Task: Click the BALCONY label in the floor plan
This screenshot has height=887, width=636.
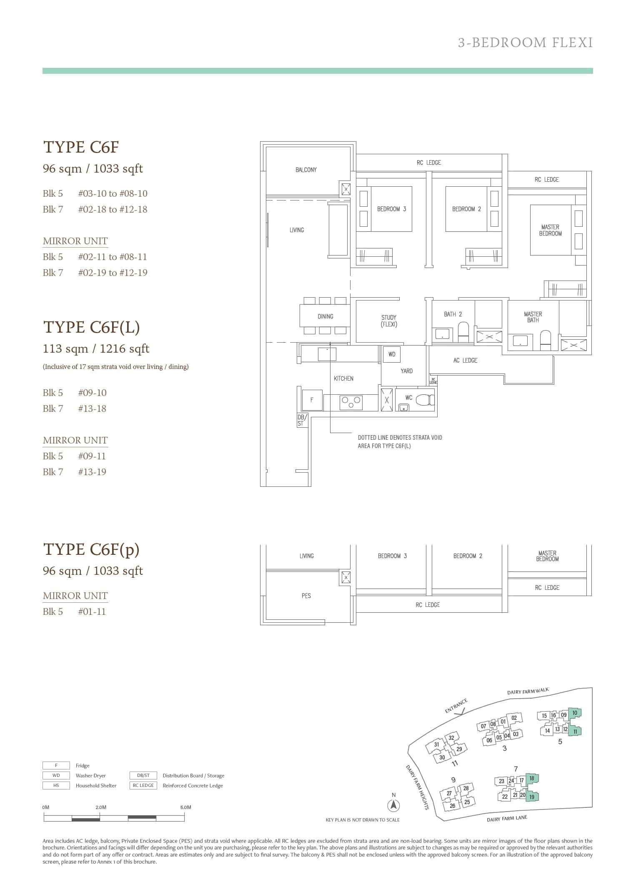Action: (306, 170)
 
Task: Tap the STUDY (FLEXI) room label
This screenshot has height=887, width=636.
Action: (388, 321)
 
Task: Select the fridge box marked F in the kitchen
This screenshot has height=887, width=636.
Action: (312, 400)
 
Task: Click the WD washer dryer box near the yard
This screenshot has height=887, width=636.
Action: (392, 354)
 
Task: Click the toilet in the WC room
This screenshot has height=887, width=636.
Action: (425, 400)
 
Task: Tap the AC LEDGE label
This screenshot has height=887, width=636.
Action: (465, 360)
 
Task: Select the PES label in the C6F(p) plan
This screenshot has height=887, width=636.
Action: (306, 596)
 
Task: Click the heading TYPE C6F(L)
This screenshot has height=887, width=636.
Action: (91, 327)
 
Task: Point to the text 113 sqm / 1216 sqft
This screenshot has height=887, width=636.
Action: (96, 348)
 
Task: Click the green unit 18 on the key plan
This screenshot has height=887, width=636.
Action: (532, 778)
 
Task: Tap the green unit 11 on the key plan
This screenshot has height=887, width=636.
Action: (575, 731)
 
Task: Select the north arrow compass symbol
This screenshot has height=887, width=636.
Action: (393, 806)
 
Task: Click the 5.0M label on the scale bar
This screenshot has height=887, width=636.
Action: (186, 807)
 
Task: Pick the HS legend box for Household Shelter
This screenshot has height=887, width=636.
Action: (56, 785)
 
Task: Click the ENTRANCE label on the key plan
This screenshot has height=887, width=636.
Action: (456, 706)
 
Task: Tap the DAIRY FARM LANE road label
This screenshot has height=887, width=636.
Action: (507, 819)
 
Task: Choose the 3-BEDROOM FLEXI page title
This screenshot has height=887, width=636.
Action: (525, 43)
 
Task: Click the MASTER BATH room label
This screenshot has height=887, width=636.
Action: (533, 317)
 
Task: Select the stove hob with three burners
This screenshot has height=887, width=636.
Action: (351, 402)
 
